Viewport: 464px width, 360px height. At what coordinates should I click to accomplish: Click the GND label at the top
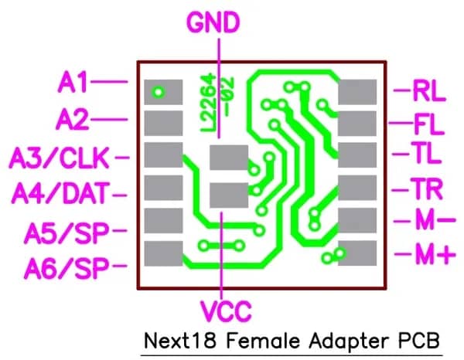(x=213, y=22)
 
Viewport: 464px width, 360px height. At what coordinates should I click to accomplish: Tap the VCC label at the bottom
(x=227, y=311)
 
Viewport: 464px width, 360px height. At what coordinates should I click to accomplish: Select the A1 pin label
(x=73, y=82)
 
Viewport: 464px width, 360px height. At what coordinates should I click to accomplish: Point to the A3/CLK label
(x=60, y=158)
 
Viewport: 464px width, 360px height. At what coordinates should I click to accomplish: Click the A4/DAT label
(x=60, y=193)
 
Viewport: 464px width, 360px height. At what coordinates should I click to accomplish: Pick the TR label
(x=427, y=188)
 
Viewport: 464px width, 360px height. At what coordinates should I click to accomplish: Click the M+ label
(x=435, y=254)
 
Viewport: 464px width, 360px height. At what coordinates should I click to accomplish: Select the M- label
(x=435, y=219)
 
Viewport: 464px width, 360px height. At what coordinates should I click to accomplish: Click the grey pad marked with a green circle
(x=163, y=92)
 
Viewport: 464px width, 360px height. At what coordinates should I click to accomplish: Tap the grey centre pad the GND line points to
(x=229, y=158)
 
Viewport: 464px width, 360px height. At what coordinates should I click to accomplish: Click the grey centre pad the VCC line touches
(x=229, y=195)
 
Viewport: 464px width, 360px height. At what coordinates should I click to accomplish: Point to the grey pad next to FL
(x=357, y=124)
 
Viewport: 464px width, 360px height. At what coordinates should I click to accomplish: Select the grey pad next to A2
(x=163, y=124)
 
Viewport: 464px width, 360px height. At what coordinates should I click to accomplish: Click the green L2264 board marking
(x=208, y=104)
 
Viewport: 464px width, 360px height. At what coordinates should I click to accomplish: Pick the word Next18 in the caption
(x=180, y=341)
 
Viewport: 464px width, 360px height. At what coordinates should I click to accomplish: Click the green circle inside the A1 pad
(x=159, y=92)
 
